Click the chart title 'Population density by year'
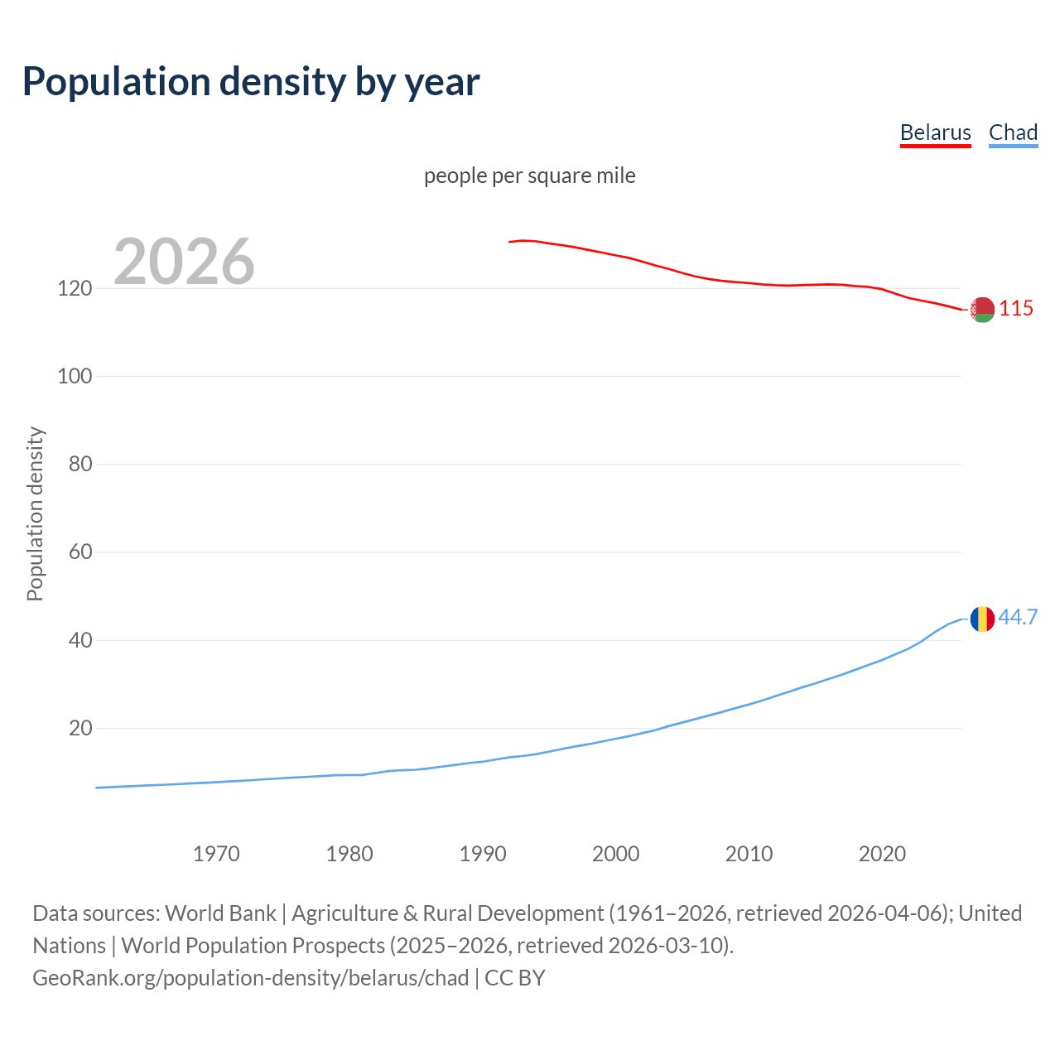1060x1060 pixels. point(251,82)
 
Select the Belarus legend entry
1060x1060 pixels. point(935,132)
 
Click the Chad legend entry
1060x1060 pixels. point(1013,132)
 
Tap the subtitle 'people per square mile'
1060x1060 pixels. point(529,176)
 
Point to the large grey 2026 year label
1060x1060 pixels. point(184,262)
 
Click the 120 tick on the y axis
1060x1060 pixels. point(75,288)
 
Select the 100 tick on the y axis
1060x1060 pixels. point(75,376)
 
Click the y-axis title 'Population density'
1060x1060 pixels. point(35,513)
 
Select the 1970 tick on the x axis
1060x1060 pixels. point(216,853)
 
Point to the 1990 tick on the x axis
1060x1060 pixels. point(483,853)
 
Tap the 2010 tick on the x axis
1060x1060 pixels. point(749,853)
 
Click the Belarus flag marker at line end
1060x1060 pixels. point(982,309)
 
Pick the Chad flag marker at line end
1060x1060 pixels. point(982,619)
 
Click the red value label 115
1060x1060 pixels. point(1016,308)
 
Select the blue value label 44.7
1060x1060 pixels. point(1018,617)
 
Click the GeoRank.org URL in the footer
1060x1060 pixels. point(251,978)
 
